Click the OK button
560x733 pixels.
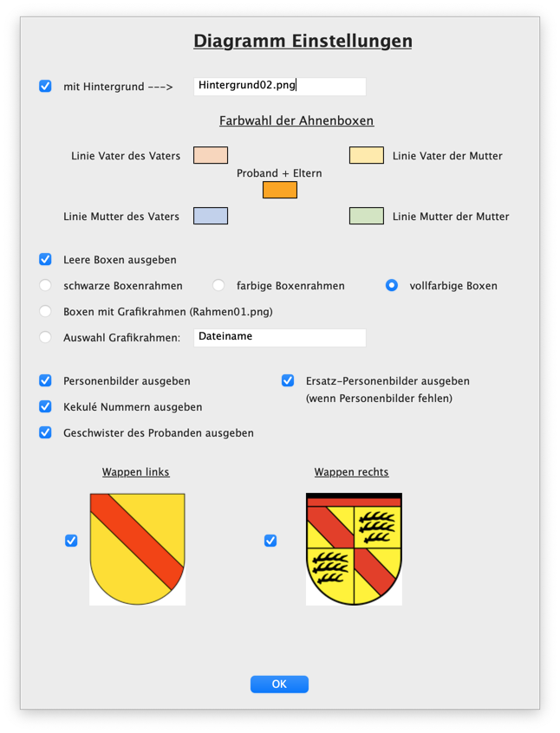click(x=279, y=684)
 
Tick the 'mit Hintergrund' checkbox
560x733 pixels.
click(x=46, y=87)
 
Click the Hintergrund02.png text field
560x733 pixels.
click(x=279, y=87)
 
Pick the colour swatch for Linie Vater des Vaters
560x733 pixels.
click(x=211, y=156)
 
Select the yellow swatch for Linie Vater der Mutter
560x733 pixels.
click(x=367, y=156)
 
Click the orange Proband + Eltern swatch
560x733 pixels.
click(x=280, y=190)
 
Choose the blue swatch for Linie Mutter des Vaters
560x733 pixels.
click(x=211, y=216)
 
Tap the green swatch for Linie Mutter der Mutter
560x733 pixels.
click(x=367, y=216)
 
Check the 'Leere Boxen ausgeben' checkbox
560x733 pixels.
click(x=46, y=259)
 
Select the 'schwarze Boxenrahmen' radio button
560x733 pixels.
click(x=46, y=285)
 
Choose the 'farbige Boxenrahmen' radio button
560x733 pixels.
click(x=219, y=285)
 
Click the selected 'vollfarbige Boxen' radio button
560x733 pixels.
click(x=392, y=285)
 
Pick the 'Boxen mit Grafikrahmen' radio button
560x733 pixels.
click(x=46, y=311)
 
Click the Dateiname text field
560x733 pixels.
click(x=279, y=337)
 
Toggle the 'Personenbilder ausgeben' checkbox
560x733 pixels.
click(x=46, y=380)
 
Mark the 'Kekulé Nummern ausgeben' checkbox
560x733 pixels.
click(x=46, y=406)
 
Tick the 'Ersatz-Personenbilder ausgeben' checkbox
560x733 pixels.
click(x=288, y=380)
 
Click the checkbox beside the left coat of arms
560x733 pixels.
click(x=71, y=541)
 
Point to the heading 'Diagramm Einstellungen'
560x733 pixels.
click(x=303, y=41)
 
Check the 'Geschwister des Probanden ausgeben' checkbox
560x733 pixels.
click(x=46, y=432)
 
